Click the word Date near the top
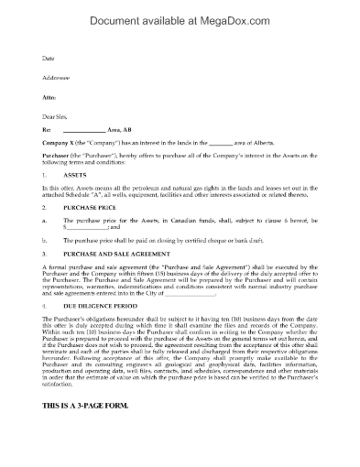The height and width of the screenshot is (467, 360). [x=49, y=58]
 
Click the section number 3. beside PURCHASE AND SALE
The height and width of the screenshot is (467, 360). [x=46, y=278]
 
